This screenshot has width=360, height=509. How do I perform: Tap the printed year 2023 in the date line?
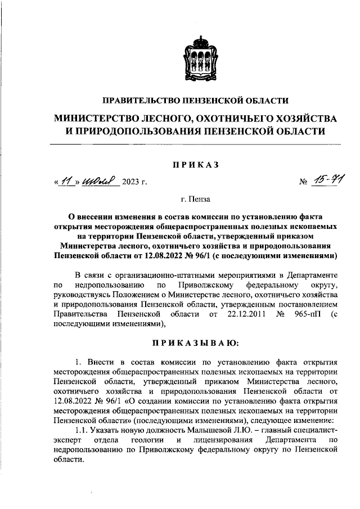[131, 181]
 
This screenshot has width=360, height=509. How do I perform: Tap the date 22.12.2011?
[244, 313]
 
